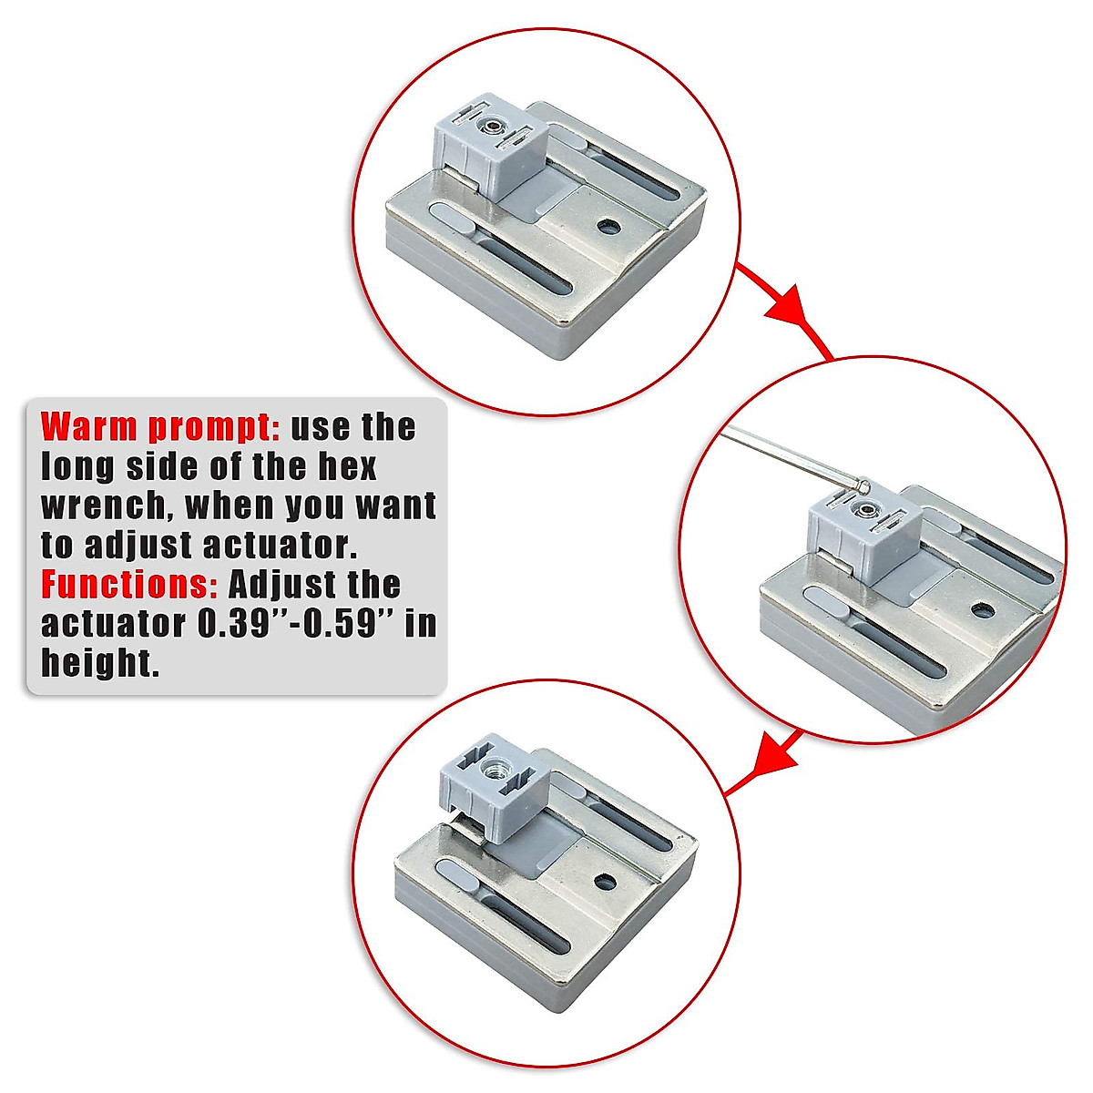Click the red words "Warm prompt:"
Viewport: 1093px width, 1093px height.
tap(160, 427)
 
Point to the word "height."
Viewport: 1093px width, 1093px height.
tap(100, 664)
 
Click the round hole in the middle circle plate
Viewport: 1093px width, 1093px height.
tap(981, 609)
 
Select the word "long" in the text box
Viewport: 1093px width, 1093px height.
tap(78, 466)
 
